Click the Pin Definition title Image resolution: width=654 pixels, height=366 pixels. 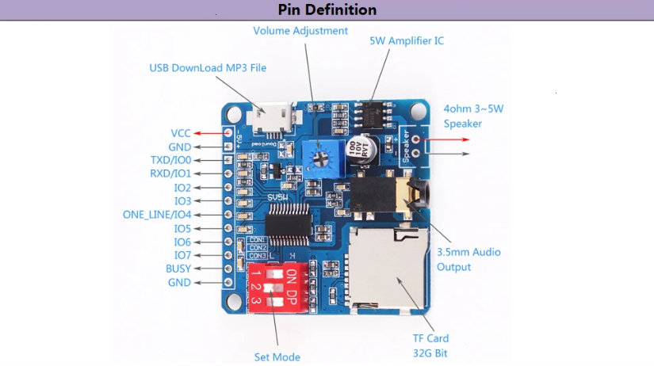327,10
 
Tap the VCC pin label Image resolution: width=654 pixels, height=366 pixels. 180,133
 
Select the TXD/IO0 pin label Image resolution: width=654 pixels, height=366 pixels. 170,159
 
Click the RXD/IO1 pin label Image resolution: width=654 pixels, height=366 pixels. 170,173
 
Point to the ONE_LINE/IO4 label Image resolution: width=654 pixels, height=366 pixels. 156,215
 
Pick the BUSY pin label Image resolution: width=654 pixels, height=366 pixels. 178,269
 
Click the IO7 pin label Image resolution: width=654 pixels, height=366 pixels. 182,255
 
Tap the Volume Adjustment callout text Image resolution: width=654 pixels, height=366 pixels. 300,31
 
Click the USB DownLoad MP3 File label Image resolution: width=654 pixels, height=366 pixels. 208,68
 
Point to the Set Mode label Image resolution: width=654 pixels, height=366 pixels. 277,357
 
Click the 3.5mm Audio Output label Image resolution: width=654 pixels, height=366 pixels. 469,259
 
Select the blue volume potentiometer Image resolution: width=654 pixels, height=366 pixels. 320,155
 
